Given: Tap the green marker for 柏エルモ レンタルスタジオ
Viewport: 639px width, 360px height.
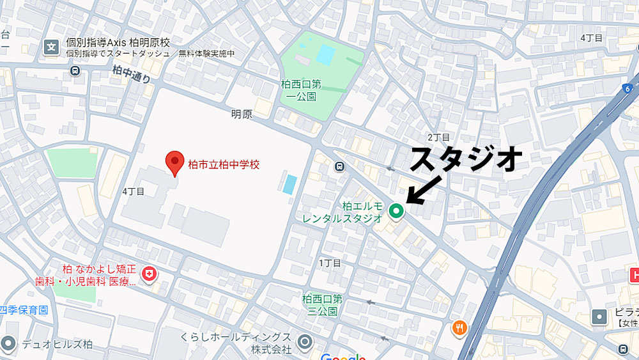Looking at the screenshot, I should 396,210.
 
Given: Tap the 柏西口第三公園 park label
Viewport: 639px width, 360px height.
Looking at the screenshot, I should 322,304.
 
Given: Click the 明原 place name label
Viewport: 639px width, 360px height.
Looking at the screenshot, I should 242,114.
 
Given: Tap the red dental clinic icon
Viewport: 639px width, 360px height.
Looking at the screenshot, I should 150,274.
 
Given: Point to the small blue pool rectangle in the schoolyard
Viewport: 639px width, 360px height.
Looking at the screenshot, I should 289,184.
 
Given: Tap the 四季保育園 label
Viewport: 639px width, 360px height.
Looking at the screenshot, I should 24,310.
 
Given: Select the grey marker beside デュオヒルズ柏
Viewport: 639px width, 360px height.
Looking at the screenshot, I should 9,344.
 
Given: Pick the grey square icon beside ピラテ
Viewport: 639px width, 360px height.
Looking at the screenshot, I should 599,317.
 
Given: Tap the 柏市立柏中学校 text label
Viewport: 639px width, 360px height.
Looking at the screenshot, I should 224,164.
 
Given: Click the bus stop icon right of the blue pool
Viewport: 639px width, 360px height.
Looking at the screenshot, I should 339,167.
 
